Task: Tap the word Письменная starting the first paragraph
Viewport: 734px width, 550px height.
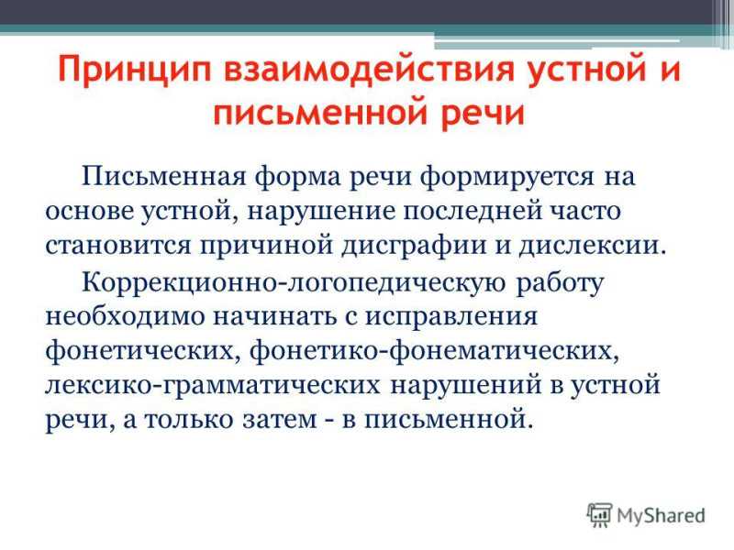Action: pos(164,176)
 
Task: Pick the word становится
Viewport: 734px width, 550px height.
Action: pos(118,246)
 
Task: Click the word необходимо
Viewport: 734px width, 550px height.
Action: pos(125,316)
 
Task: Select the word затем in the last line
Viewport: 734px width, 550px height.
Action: pos(280,420)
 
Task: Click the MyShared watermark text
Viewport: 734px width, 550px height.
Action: pos(661,516)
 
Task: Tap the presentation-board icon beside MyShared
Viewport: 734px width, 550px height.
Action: pos(600,515)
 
